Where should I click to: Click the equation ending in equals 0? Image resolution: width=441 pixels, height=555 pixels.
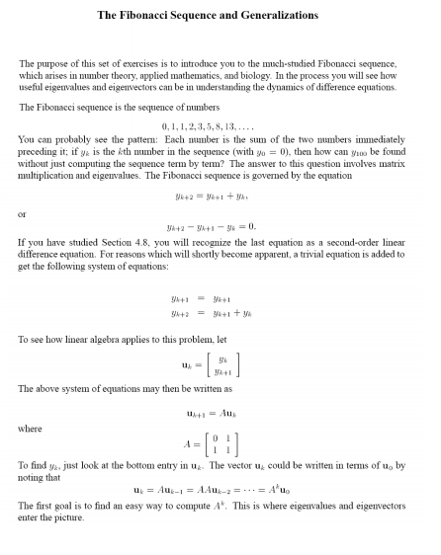point(220,226)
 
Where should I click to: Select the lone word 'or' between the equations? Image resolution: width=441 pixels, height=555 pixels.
point(23,210)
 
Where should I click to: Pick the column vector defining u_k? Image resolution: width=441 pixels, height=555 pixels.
point(220,366)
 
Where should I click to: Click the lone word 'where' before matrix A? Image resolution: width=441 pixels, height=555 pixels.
point(31,429)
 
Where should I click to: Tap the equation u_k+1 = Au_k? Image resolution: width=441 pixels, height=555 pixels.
point(220,412)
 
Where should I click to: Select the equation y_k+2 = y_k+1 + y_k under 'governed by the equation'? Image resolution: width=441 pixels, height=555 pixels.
point(220,196)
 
